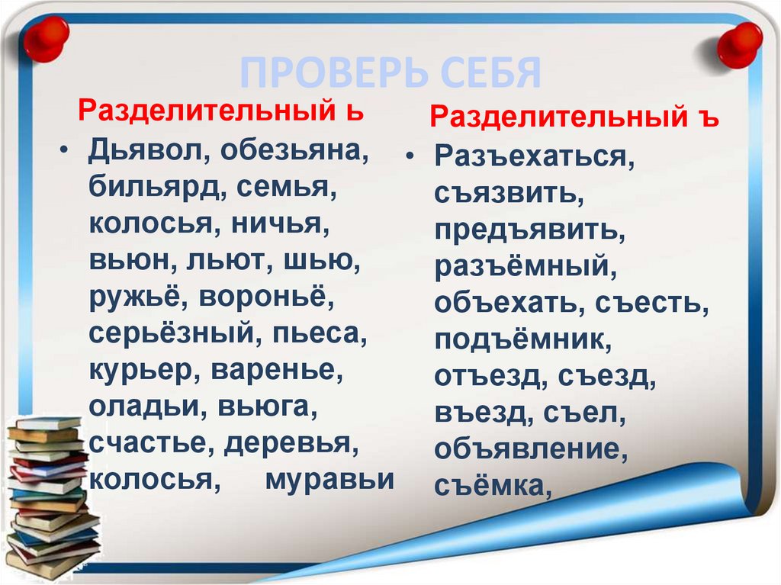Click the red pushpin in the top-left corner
coord(46,37)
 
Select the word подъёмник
coord(522,340)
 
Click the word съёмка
coord(493,486)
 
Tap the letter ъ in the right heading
coord(712,119)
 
